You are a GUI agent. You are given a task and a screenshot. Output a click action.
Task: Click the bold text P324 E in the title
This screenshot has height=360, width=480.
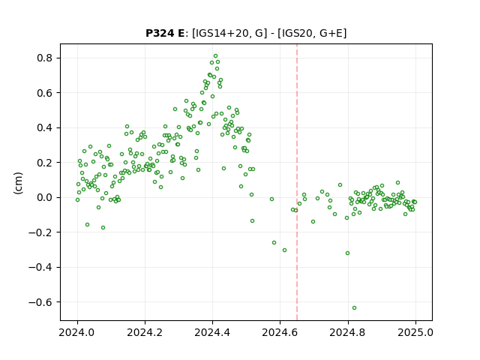pos(165,33)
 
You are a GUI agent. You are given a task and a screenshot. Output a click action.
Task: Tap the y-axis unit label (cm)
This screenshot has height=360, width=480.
pos(18,183)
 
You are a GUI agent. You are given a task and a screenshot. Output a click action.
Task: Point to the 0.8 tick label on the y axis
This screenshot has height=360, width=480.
pos(44,58)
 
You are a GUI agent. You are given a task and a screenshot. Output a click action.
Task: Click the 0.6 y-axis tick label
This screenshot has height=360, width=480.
pos(44,93)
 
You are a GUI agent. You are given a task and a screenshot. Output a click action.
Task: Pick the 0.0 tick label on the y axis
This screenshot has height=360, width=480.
pos(44,197)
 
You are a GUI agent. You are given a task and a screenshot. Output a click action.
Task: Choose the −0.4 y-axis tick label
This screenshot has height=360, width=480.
pos(40,267)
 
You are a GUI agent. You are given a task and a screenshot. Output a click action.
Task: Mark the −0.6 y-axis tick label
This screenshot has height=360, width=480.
pos(40,302)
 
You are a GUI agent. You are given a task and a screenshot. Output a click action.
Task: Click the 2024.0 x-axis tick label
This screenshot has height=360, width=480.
pos(77,332)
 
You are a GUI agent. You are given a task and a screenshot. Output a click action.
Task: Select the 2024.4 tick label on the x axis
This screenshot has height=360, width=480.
pos(212,332)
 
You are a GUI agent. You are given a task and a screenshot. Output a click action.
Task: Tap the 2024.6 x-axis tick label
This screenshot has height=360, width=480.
pos(280,332)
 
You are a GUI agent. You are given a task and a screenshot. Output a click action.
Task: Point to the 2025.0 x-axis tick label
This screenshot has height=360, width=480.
pos(415,332)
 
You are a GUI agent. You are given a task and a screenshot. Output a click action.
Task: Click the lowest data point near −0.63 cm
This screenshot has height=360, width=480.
pos(354,308)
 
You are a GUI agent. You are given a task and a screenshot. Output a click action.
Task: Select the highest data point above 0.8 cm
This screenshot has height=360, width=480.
pos(215,56)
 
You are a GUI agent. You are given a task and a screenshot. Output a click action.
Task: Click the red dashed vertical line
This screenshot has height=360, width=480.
pos(297,182)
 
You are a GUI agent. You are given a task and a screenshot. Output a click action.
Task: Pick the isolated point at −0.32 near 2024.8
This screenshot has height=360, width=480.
pos(347,253)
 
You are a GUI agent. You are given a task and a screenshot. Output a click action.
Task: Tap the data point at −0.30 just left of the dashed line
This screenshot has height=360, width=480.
pos(284,250)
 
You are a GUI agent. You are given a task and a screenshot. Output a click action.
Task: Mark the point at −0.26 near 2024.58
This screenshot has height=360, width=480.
pos(274,242)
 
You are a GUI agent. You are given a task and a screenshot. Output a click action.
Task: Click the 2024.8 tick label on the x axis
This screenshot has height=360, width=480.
pos(348,332)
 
